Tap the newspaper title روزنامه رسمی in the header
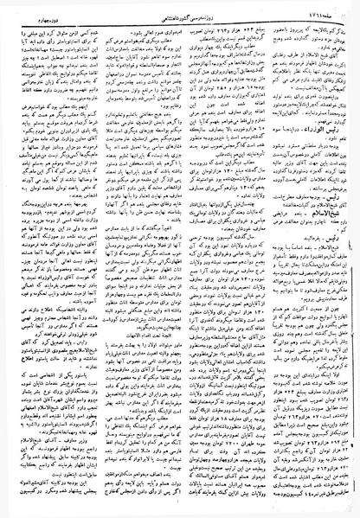185,8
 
